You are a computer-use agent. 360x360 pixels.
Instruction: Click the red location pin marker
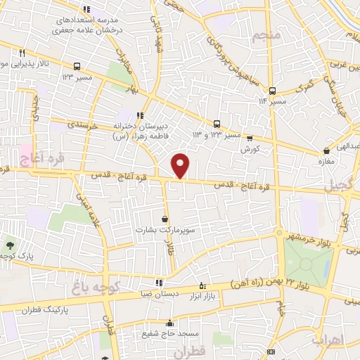coord(181,165)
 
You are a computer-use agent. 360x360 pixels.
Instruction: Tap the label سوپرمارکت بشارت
coord(165,230)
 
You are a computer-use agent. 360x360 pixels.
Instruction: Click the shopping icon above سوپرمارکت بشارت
coord(165,219)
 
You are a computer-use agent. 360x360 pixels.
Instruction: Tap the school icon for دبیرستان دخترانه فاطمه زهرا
coord(141,115)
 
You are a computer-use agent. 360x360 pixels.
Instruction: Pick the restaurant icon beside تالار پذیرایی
coord(22,53)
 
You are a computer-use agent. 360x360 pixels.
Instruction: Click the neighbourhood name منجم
coord(269,34)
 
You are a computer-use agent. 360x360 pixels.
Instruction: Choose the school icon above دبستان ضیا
coord(157,283)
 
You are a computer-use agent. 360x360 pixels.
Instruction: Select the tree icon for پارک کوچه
coord(10,244)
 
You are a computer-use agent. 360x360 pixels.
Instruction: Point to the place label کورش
coord(250,150)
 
